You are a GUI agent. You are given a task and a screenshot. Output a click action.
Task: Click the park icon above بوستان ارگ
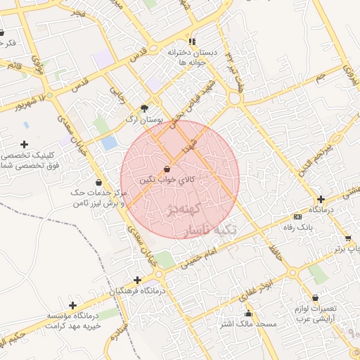(146, 108)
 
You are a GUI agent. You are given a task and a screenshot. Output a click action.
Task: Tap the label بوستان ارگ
(144, 120)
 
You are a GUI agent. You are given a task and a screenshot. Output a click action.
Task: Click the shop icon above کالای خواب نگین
(167, 169)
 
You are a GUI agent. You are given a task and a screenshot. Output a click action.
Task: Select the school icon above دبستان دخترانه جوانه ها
(192, 41)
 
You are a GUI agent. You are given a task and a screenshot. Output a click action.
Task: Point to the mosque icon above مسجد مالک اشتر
(247, 313)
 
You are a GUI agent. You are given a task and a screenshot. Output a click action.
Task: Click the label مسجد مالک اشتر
(248, 324)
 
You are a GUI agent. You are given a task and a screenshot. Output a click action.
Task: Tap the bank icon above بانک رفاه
(297, 217)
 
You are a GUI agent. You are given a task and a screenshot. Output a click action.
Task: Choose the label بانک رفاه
(297, 227)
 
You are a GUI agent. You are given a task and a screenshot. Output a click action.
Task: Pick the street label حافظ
(274, 254)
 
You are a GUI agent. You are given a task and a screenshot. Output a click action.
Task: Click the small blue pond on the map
(109, 143)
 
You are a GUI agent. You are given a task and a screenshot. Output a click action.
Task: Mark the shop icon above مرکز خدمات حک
(98, 182)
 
